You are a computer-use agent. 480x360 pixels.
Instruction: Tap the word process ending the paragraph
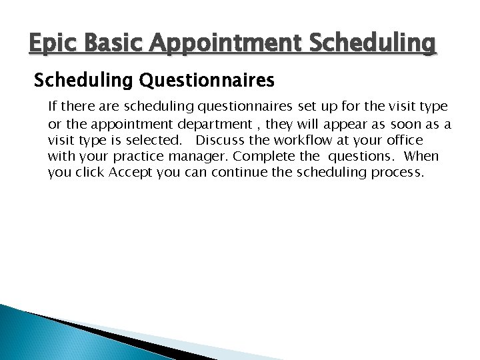399,173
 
